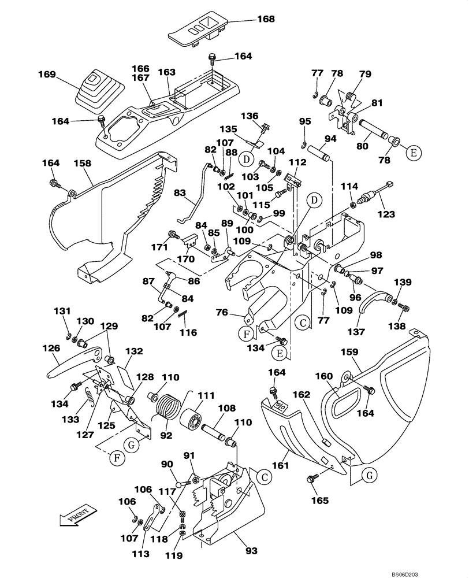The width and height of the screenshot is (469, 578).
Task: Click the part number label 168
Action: (x=266, y=19)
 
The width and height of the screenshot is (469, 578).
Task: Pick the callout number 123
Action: (x=386, y=214)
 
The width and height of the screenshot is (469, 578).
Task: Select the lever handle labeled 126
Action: (x=72, y=364)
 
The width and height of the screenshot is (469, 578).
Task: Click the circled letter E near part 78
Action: (x=413, y=153)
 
